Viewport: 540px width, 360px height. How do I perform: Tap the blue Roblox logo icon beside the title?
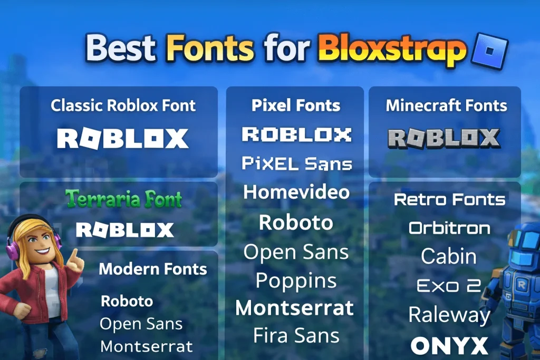tap(491, 51)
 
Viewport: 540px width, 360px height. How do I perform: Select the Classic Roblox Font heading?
tap(123, 105)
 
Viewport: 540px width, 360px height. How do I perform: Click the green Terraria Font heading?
tap(123, 199)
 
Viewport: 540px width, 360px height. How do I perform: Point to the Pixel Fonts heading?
tap(296, 105)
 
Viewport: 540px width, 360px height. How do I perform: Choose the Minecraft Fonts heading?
tap(446, 105)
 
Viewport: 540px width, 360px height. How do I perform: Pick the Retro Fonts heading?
tap(449, 200)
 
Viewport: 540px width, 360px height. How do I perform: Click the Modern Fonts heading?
tap(153, 269)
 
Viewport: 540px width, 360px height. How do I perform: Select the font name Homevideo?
tap(296, 192)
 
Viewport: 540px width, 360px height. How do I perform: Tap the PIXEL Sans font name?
tap(296, 163)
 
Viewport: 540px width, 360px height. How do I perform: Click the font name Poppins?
tap(296, 280)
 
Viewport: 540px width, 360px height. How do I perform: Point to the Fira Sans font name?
tap(296, 335)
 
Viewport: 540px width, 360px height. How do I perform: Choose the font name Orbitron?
tap(449, 228)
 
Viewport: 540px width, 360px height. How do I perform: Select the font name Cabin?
tap(449, 257)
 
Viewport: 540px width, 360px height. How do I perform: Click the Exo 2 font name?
tap(449, 286)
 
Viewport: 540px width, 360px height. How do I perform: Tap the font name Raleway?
tap(449, 315)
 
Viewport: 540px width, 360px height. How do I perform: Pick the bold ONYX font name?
tap(449, 346)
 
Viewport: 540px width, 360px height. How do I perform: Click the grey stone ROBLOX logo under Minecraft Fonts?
tap(444, 138)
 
